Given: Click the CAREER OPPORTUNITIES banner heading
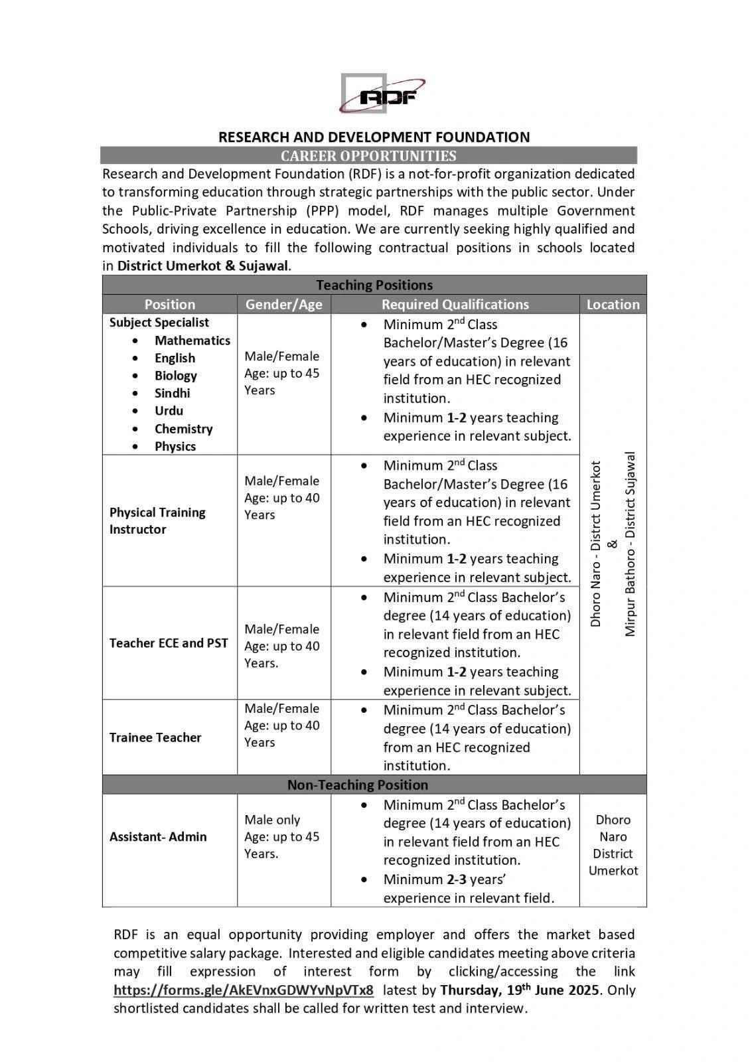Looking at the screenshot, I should [368, 156].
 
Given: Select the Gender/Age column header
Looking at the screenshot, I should [283, 305].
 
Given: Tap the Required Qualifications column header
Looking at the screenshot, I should [455, 305].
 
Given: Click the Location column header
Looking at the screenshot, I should [613, 305].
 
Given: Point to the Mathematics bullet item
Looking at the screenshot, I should [192, 341].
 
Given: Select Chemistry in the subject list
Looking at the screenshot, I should [183, 429].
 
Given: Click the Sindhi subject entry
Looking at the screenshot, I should [172, 393].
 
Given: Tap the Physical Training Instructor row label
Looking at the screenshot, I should [157, 521].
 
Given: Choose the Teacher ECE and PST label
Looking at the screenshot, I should [169, 643].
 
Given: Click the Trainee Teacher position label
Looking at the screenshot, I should [155, 737].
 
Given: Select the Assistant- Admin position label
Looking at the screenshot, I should [158, 837].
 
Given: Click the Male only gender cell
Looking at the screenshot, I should [272, 820].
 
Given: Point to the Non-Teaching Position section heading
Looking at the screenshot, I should [357, 785].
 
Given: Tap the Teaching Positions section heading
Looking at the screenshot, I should [374, 285].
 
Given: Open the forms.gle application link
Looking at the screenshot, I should [244, 990].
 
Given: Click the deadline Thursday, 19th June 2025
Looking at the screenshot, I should [520, 990].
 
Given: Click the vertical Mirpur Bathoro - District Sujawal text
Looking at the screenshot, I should [631, 544].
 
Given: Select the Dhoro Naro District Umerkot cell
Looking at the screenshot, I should [613, 846].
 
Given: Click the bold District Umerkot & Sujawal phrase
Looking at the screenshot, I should [203, 266].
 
